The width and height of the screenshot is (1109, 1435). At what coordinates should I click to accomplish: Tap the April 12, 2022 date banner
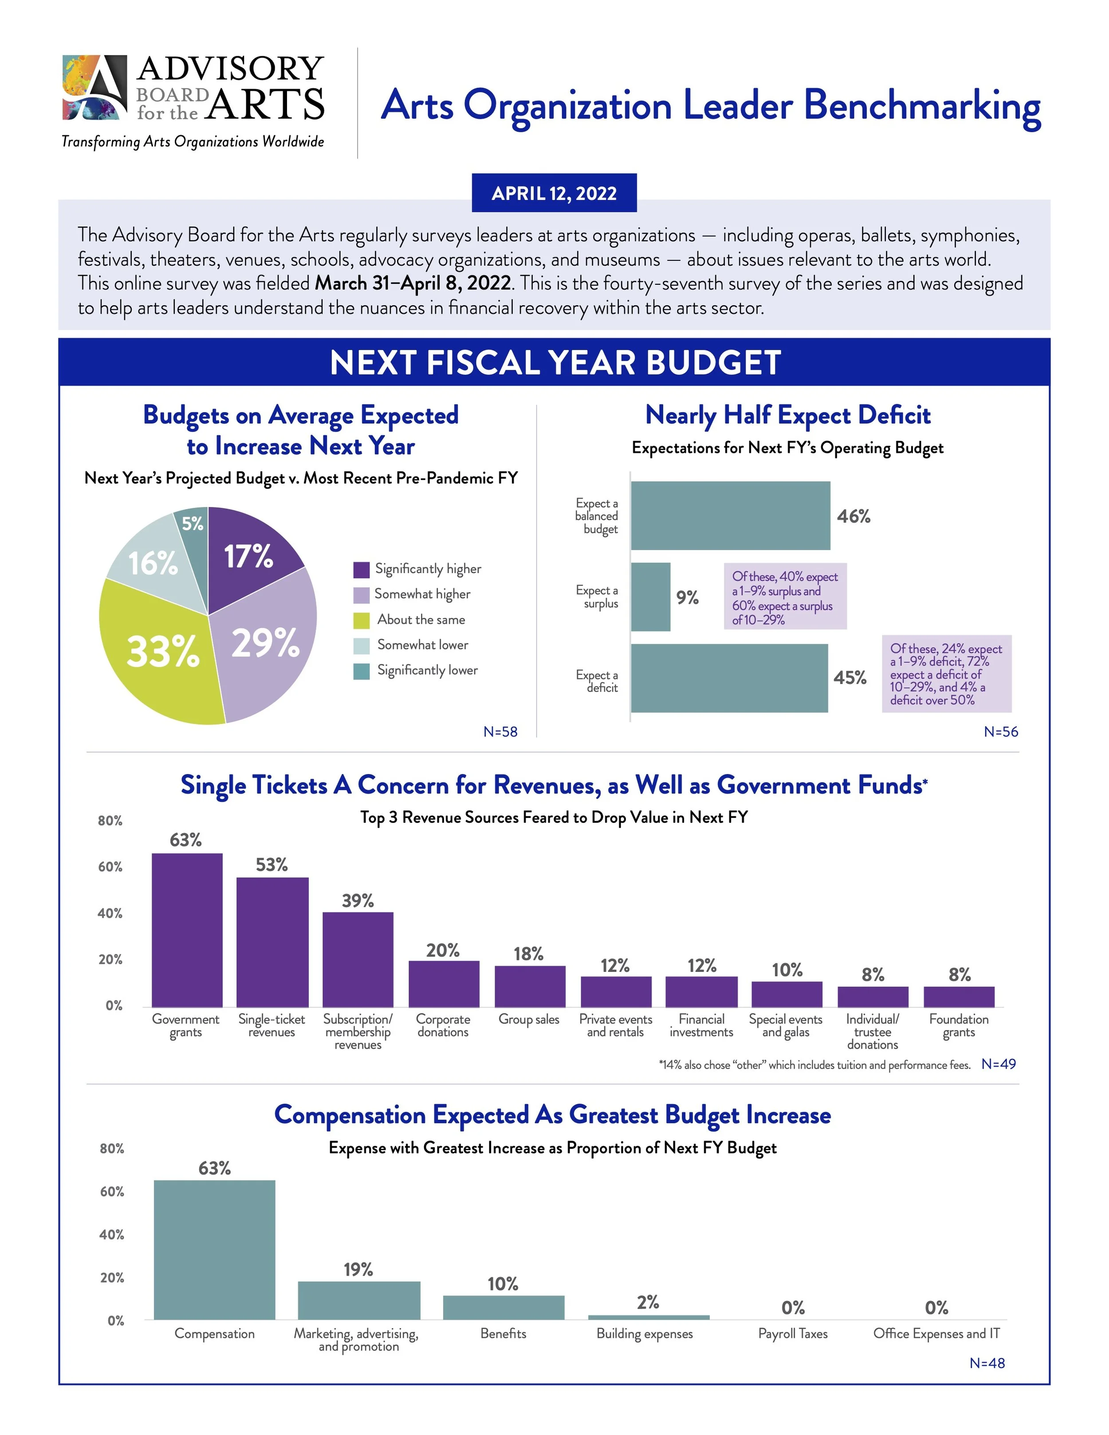[x=554, y=193]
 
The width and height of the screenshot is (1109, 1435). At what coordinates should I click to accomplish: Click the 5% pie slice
[x=193, y=524]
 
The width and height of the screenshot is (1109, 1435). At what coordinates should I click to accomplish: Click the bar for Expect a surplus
[x=650, y=597]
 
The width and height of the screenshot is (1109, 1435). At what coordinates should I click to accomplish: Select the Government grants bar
[x=187, y=930]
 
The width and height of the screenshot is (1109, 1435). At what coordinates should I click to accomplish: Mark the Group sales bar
[x=530, y=986]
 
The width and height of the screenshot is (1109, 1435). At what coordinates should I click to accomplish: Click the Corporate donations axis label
[x=443, y=1025]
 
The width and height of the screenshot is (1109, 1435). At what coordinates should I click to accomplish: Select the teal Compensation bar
[x=214, y=1249]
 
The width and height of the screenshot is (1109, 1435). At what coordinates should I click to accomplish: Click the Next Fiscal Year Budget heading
[x=554, y=362]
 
